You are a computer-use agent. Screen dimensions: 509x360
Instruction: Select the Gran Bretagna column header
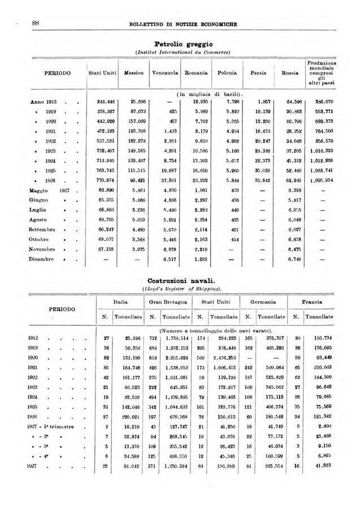click(x=168, y=303)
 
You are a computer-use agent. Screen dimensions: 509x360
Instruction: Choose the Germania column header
click(x=264, y=303)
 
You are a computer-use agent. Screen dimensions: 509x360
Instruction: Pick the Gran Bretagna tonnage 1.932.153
click(x=172, y=348)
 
